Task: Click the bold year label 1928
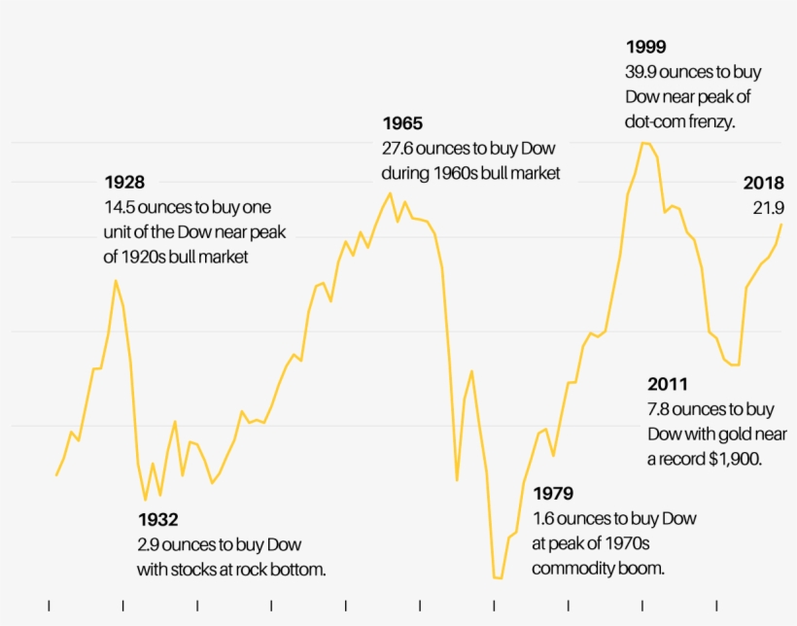[x=124, y=183]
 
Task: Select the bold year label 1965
[x=402, y=124]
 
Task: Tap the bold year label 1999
[x=645, y=48]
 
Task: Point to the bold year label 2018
[x=764, y=184]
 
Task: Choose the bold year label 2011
[x=668, y=385]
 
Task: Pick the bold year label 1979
[x=553, y=494]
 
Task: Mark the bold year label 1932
[x=157, y=520]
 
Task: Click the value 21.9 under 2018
[x=768, y=208]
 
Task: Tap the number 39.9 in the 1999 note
[x=641, y=73]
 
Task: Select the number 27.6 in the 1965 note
[x=398, y=150]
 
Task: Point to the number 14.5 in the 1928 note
[x=120, y=208]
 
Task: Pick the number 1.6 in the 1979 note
[x=542, y=519]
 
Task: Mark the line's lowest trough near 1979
[x=498, y=578]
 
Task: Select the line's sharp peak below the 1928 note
[x=116, y=281]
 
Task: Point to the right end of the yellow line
[x=781, y=225]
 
